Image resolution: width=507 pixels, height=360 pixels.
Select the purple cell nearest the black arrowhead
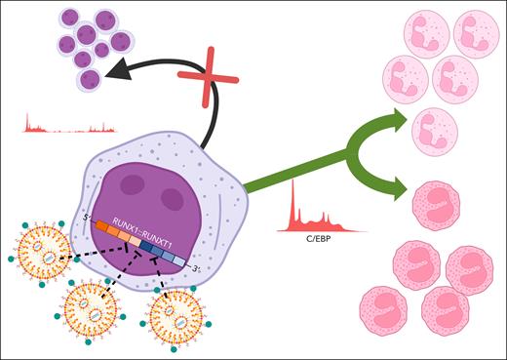point(91,79)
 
